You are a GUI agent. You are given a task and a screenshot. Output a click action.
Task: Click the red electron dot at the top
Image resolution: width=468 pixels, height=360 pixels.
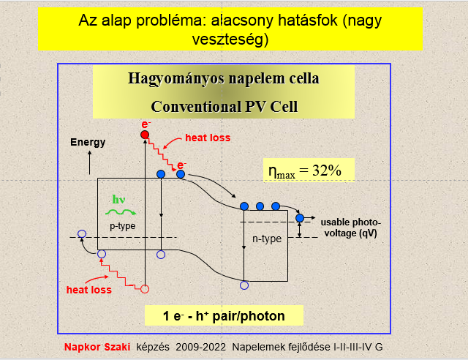[145, 135]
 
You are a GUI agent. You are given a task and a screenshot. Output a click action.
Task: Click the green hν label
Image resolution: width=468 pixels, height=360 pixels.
[118, 199]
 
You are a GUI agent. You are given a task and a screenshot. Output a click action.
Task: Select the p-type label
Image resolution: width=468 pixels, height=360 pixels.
[123, 226]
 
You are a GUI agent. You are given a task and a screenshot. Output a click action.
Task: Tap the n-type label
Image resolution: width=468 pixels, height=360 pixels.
[267, 239]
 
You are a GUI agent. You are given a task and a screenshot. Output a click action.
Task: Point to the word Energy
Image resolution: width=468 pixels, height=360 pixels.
[88, 142]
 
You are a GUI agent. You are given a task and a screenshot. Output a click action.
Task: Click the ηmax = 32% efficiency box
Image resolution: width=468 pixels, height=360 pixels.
[309, 170]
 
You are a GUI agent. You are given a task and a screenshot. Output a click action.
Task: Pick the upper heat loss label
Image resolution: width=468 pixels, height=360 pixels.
[208, 138]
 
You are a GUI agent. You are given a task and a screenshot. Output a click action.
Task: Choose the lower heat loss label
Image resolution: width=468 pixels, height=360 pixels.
[89, 290]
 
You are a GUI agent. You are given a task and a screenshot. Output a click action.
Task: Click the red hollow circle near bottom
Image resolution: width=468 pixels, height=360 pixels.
[145, 289]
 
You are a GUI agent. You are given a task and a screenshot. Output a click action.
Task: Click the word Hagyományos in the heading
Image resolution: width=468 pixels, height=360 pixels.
[176, 78]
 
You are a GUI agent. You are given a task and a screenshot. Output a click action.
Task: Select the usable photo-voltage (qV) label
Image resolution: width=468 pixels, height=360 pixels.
[351, 228]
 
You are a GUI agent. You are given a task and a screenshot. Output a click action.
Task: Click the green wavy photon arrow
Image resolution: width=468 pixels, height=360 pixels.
[121, 212]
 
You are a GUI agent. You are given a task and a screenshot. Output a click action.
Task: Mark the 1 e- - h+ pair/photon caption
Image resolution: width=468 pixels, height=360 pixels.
[224, 316]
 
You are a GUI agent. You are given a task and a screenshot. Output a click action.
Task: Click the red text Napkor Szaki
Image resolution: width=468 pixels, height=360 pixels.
[97, 347]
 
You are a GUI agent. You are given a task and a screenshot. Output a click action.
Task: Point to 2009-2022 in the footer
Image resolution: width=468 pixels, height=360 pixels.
[200, 347]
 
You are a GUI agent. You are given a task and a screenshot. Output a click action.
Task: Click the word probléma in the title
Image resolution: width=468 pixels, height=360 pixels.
[171, 21]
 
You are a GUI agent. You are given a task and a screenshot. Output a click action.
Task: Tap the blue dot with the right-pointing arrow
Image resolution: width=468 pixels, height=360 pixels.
[300, 218]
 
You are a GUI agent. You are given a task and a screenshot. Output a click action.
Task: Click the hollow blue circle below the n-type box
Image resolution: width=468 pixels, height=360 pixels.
[244, 285]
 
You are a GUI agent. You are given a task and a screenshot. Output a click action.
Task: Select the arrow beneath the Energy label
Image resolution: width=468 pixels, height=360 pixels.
[89, 162]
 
